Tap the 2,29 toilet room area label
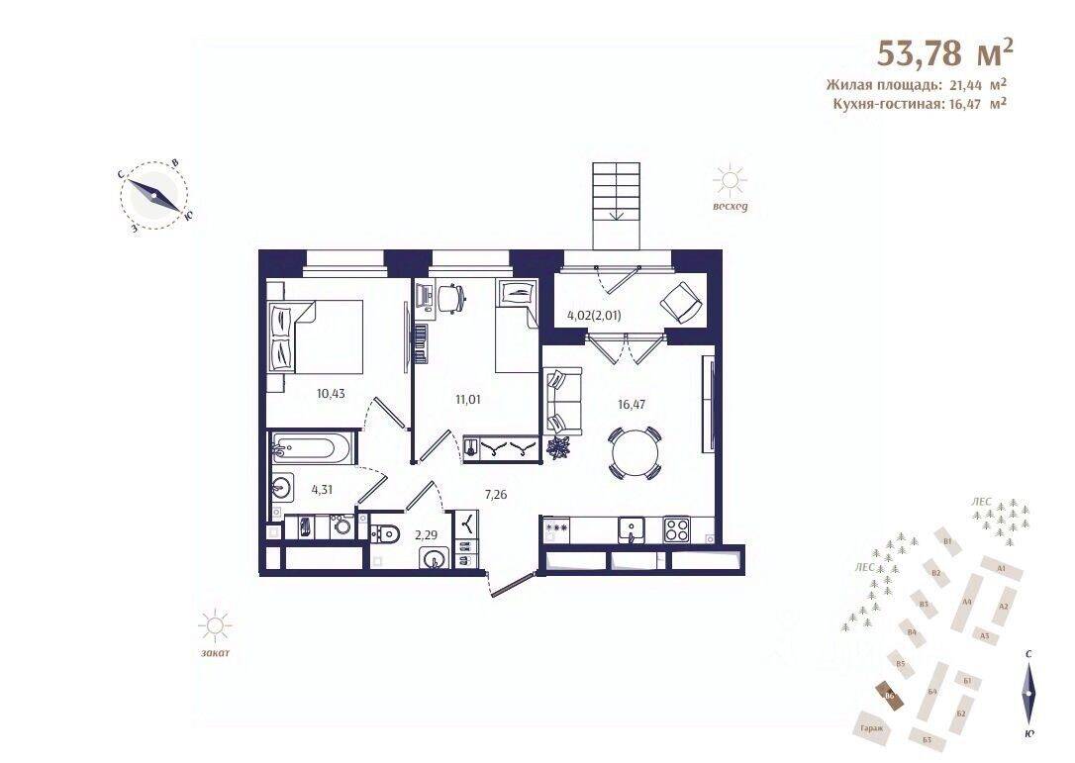(427, 535)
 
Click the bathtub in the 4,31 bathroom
(310, 448)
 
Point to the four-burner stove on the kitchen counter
(678, 529)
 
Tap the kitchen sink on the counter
(629, 529)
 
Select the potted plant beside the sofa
(560, 447)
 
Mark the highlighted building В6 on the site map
(890, 696)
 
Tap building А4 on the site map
(967, 602)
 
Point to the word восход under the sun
(730, 207)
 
